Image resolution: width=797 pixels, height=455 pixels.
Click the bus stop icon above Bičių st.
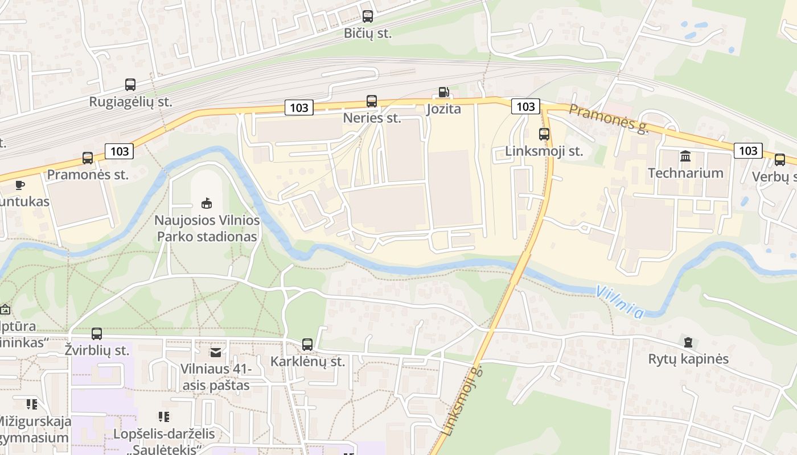[x=368, y=16]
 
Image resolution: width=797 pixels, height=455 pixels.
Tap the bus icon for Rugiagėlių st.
[x=130, y=85]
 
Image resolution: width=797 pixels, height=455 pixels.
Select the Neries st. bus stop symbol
[x=372, y=101]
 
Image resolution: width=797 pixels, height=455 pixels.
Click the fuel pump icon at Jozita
[x=443, y=92]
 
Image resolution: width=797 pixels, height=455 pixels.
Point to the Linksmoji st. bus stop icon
[x=544, y=134]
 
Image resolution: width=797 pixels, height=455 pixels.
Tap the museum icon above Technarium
[x=685, y=156]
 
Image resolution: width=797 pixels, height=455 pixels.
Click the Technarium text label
[x=685, y=173]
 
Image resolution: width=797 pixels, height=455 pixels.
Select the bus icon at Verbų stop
[x=780, y=160]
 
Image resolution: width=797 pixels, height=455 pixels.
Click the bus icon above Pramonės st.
[x=88, y=158]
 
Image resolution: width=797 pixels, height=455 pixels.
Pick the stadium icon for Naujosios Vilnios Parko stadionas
[x=206, y=203]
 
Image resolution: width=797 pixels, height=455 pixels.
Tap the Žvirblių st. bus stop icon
[x=97, y=333]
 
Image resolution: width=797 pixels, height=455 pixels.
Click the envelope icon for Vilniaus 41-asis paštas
[x=215, y=353]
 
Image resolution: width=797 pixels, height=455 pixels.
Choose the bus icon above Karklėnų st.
[x=307, y=344]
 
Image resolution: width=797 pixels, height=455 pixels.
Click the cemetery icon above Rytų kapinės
[x=688, y=342]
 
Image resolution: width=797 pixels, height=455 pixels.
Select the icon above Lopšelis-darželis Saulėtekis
[x=164, y=417]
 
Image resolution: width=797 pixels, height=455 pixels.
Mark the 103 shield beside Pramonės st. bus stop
[x=120, y=151]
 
